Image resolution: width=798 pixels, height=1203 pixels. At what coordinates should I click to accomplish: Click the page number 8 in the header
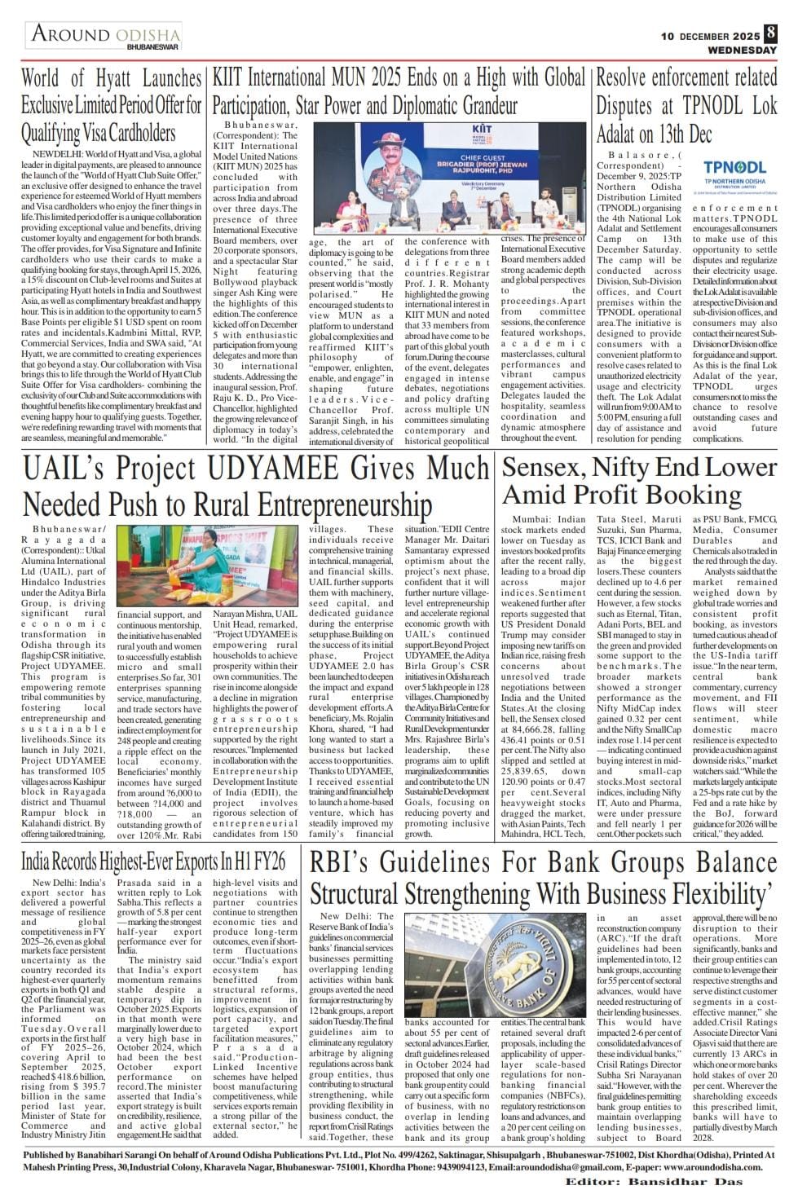pos(771,34)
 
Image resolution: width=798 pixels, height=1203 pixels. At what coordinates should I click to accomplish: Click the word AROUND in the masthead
pos(71,34)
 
